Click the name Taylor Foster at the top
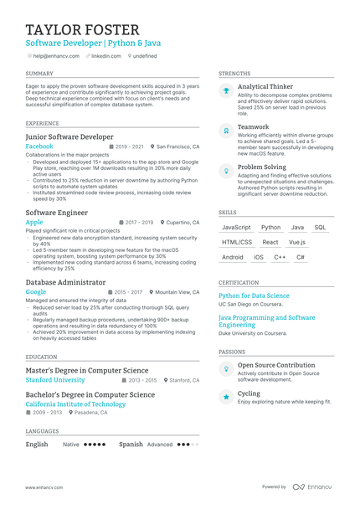pyautogui.click(x=82, y=30)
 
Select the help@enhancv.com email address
pyautogui.click(x=56, y=56)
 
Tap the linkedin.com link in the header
pyautogui.click(x=106, y=56)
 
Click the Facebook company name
pyautogui.click(x=39, y=146)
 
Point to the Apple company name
pyautogui.click(x=34, y=223)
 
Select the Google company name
pyautogui.click(x=36, y=292)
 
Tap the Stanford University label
pyautogui.click(x=55, y=379)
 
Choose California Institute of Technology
pyautogui.click(x=75, y=404)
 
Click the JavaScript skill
pyautogui.click(x=236, y=227)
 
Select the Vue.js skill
pyautogui.click(x=297, y=242)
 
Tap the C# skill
pyautogui.click(x=301, y=257)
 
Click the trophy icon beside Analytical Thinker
pyautogui.click(x=225, y=92)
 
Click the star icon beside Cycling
pyautogui.click(x=225, y=397)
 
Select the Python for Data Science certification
pyautogui.click(x=254, y=296)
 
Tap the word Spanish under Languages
pyautogui.click(x=131, y=445)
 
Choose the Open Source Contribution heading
pyautogui.click(x=276, y=365)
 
